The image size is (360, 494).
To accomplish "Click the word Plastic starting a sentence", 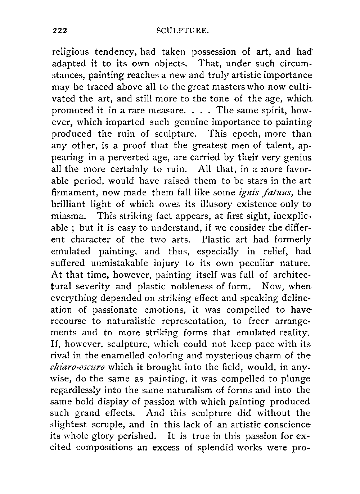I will pos(216,240).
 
